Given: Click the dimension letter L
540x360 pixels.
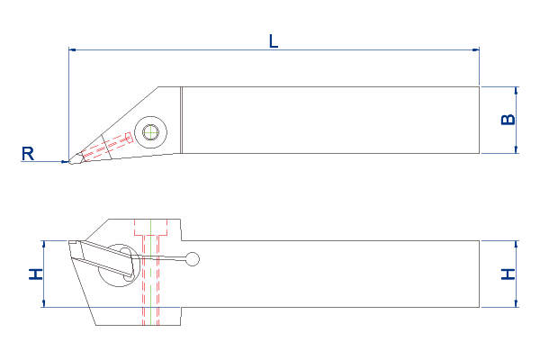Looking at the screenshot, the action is (274, 41).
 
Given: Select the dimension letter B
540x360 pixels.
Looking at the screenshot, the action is (508, 120).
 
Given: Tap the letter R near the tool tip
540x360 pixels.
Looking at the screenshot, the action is (28, 154).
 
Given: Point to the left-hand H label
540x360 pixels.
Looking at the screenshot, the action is (36, 274).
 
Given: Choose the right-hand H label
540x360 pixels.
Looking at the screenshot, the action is (508, 274).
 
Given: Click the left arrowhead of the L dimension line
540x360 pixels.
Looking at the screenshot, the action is (72, 50).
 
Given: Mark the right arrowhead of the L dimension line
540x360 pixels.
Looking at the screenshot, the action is (475, 50).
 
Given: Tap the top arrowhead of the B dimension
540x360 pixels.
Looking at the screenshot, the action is (516, 90).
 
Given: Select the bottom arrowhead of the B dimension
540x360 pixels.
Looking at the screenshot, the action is (516, 149).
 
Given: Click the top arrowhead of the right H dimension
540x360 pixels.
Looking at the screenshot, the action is (516, 244).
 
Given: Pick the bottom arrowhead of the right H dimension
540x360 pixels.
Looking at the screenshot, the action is (516, 303).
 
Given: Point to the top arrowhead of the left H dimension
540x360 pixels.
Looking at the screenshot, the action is (44, 244).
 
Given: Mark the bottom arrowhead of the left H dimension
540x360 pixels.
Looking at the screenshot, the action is (44, 303).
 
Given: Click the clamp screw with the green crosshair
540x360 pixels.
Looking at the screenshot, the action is (151, 132).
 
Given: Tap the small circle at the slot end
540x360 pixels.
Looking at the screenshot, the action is (193, 259).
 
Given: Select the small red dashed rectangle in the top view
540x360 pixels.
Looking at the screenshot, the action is (129, 138).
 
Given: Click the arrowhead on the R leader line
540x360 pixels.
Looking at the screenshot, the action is (65, 162).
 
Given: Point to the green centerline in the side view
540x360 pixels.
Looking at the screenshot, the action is (151, 272).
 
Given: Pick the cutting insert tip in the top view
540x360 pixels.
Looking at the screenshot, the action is (71, 161).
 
